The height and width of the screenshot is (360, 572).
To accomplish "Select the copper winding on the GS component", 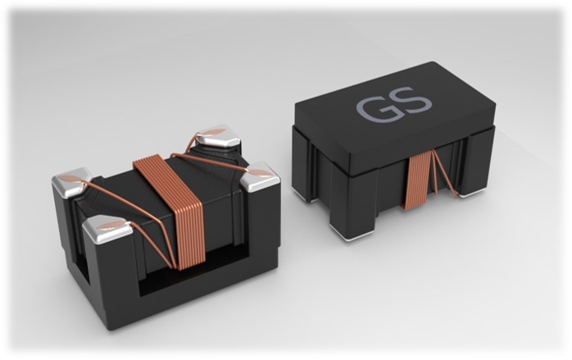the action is (x=419, y=180).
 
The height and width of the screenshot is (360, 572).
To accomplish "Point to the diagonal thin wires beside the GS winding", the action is (x=444, y=174).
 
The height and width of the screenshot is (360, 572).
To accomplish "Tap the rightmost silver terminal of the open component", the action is (x=261, y=176).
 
